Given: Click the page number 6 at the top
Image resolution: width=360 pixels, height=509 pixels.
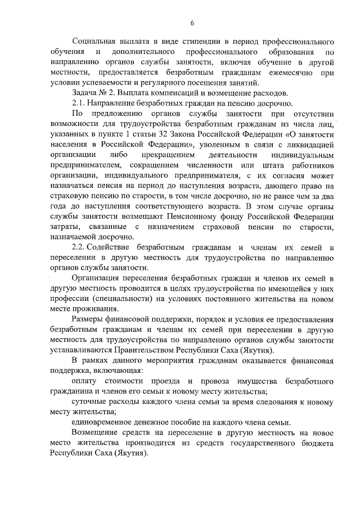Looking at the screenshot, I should [x=192, y=22].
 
